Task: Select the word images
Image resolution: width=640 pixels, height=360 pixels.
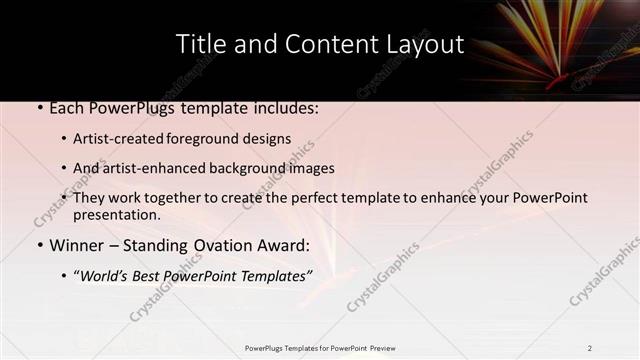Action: click(309, 168)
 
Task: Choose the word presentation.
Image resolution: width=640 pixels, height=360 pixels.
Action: click(116, 214)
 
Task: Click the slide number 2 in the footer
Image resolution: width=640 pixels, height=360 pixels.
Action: click(589, 348)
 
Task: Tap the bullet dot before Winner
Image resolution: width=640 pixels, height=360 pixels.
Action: click(39, 246)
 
